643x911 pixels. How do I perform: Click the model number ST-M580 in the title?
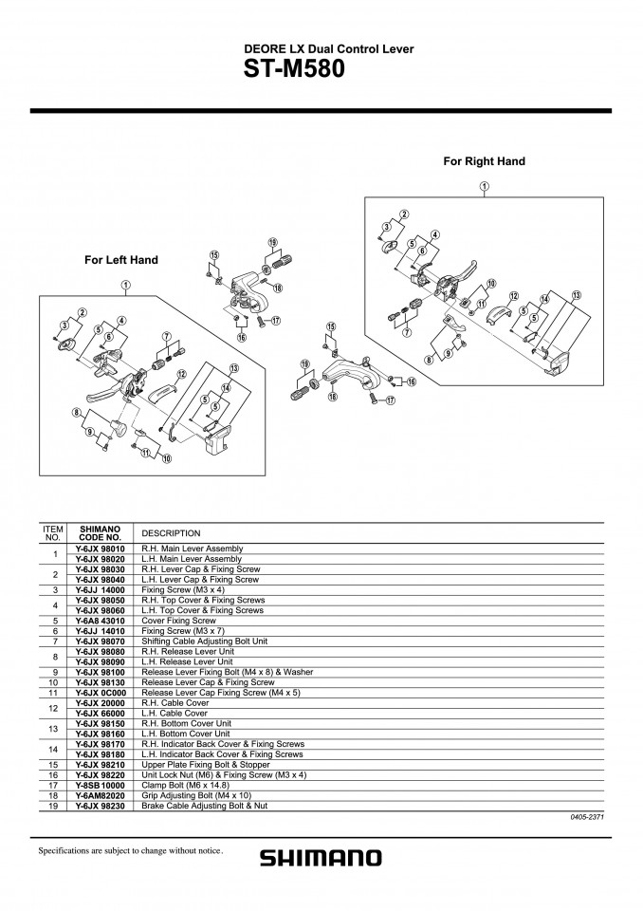[294, 69]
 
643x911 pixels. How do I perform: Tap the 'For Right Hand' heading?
[484, 161]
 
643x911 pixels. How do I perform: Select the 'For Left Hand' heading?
[120, 260]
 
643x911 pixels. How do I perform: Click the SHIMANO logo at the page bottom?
[321, 858]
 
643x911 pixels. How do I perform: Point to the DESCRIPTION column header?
[171, 533]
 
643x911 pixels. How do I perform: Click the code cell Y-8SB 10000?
[100, 785]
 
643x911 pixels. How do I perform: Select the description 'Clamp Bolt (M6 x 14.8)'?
[185, 785]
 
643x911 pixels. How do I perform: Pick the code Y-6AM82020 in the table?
[100, 795]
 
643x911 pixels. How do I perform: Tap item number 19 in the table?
[53, 806]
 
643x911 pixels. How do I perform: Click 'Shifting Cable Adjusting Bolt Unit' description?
[205, 641]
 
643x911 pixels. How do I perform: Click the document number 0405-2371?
[588, 817]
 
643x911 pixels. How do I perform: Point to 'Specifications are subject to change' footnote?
[131, 850]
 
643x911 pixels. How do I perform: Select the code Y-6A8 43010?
[100, 621]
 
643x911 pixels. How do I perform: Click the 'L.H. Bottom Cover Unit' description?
[186, 734]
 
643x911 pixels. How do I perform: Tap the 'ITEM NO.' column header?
[53, 532]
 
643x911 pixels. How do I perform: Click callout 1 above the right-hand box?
[485, 187]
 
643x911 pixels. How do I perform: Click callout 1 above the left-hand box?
[125, 286]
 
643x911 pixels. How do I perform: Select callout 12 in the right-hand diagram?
[514, 296]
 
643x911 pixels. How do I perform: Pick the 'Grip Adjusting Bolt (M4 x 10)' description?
[196, 795]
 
